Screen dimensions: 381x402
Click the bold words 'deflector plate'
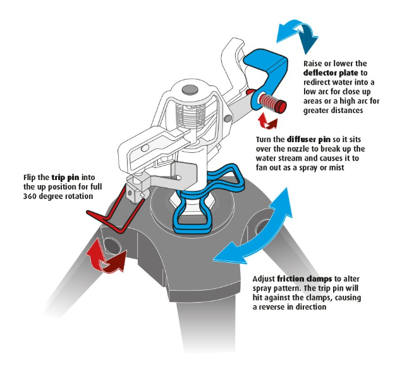coord(332,75)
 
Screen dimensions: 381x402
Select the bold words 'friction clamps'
coord(300,278)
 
